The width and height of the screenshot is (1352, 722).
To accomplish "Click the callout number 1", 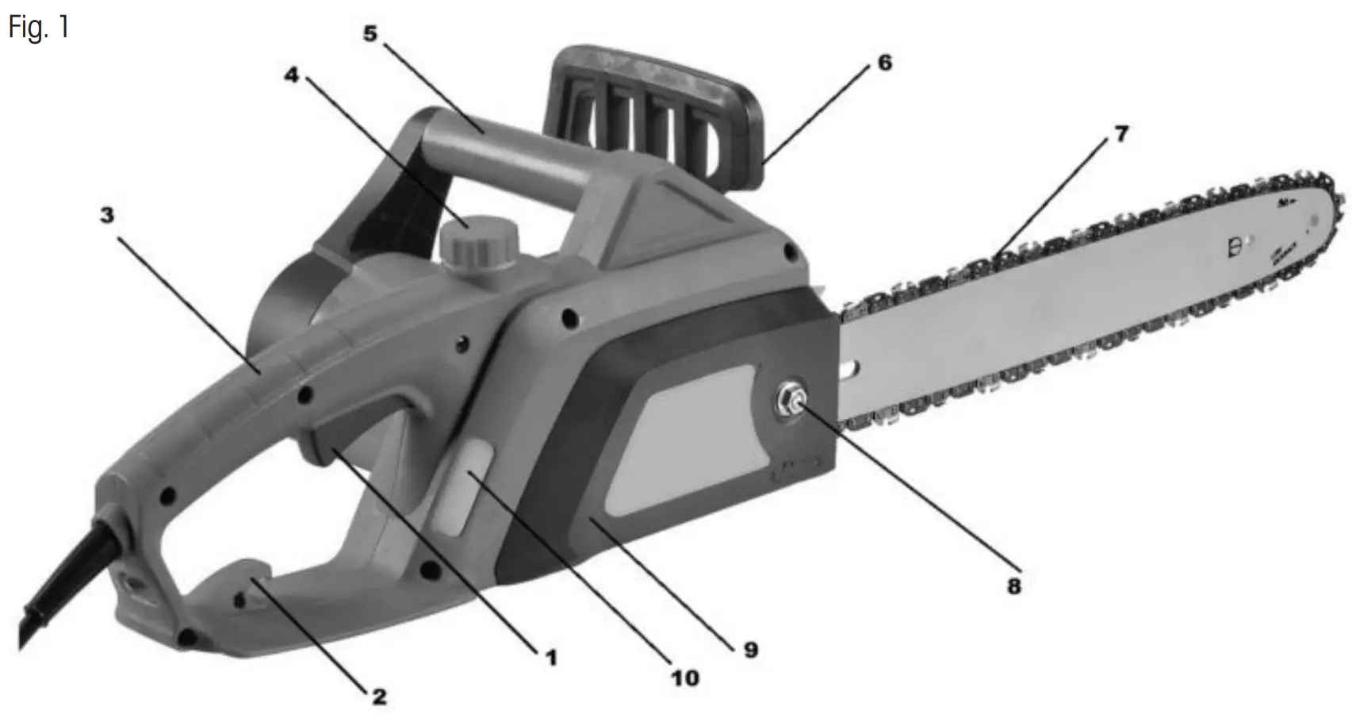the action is (551, 658).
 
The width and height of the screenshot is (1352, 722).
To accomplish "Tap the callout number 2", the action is (379, 697).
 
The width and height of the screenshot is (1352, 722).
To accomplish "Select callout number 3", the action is (107, 214).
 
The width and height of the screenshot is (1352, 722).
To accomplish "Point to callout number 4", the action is (292, 75).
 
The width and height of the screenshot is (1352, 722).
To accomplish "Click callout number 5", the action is (370, 33).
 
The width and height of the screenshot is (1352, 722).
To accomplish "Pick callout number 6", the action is (884, 62).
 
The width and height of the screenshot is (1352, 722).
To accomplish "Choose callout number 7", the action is (1121, 133).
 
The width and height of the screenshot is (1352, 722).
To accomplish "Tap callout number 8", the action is (1014, 586).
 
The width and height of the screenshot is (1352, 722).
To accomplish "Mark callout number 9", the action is (750, 650).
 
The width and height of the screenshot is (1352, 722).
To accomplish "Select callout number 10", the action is (685, 678).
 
